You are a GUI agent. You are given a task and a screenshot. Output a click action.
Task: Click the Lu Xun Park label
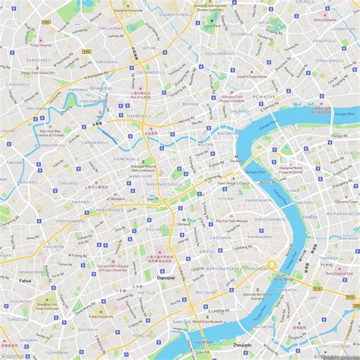tap(212, 26)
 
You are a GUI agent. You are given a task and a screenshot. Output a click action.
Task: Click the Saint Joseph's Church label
tap(234, 183)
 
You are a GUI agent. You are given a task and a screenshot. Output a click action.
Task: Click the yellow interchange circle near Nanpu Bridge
tap(270, 265)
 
